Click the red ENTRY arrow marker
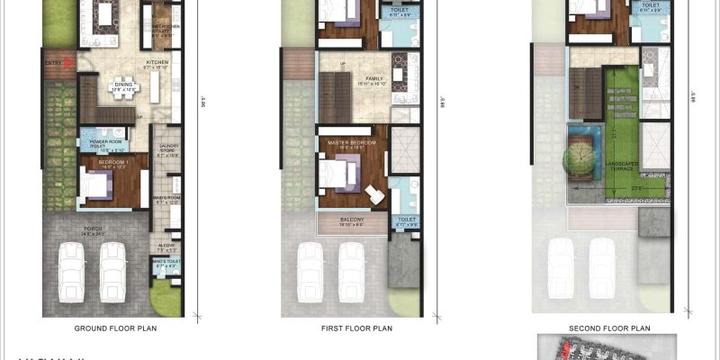53,63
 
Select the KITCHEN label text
158,63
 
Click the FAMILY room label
374,79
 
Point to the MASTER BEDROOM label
352,142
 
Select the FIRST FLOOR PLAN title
357,329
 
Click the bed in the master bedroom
337,172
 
